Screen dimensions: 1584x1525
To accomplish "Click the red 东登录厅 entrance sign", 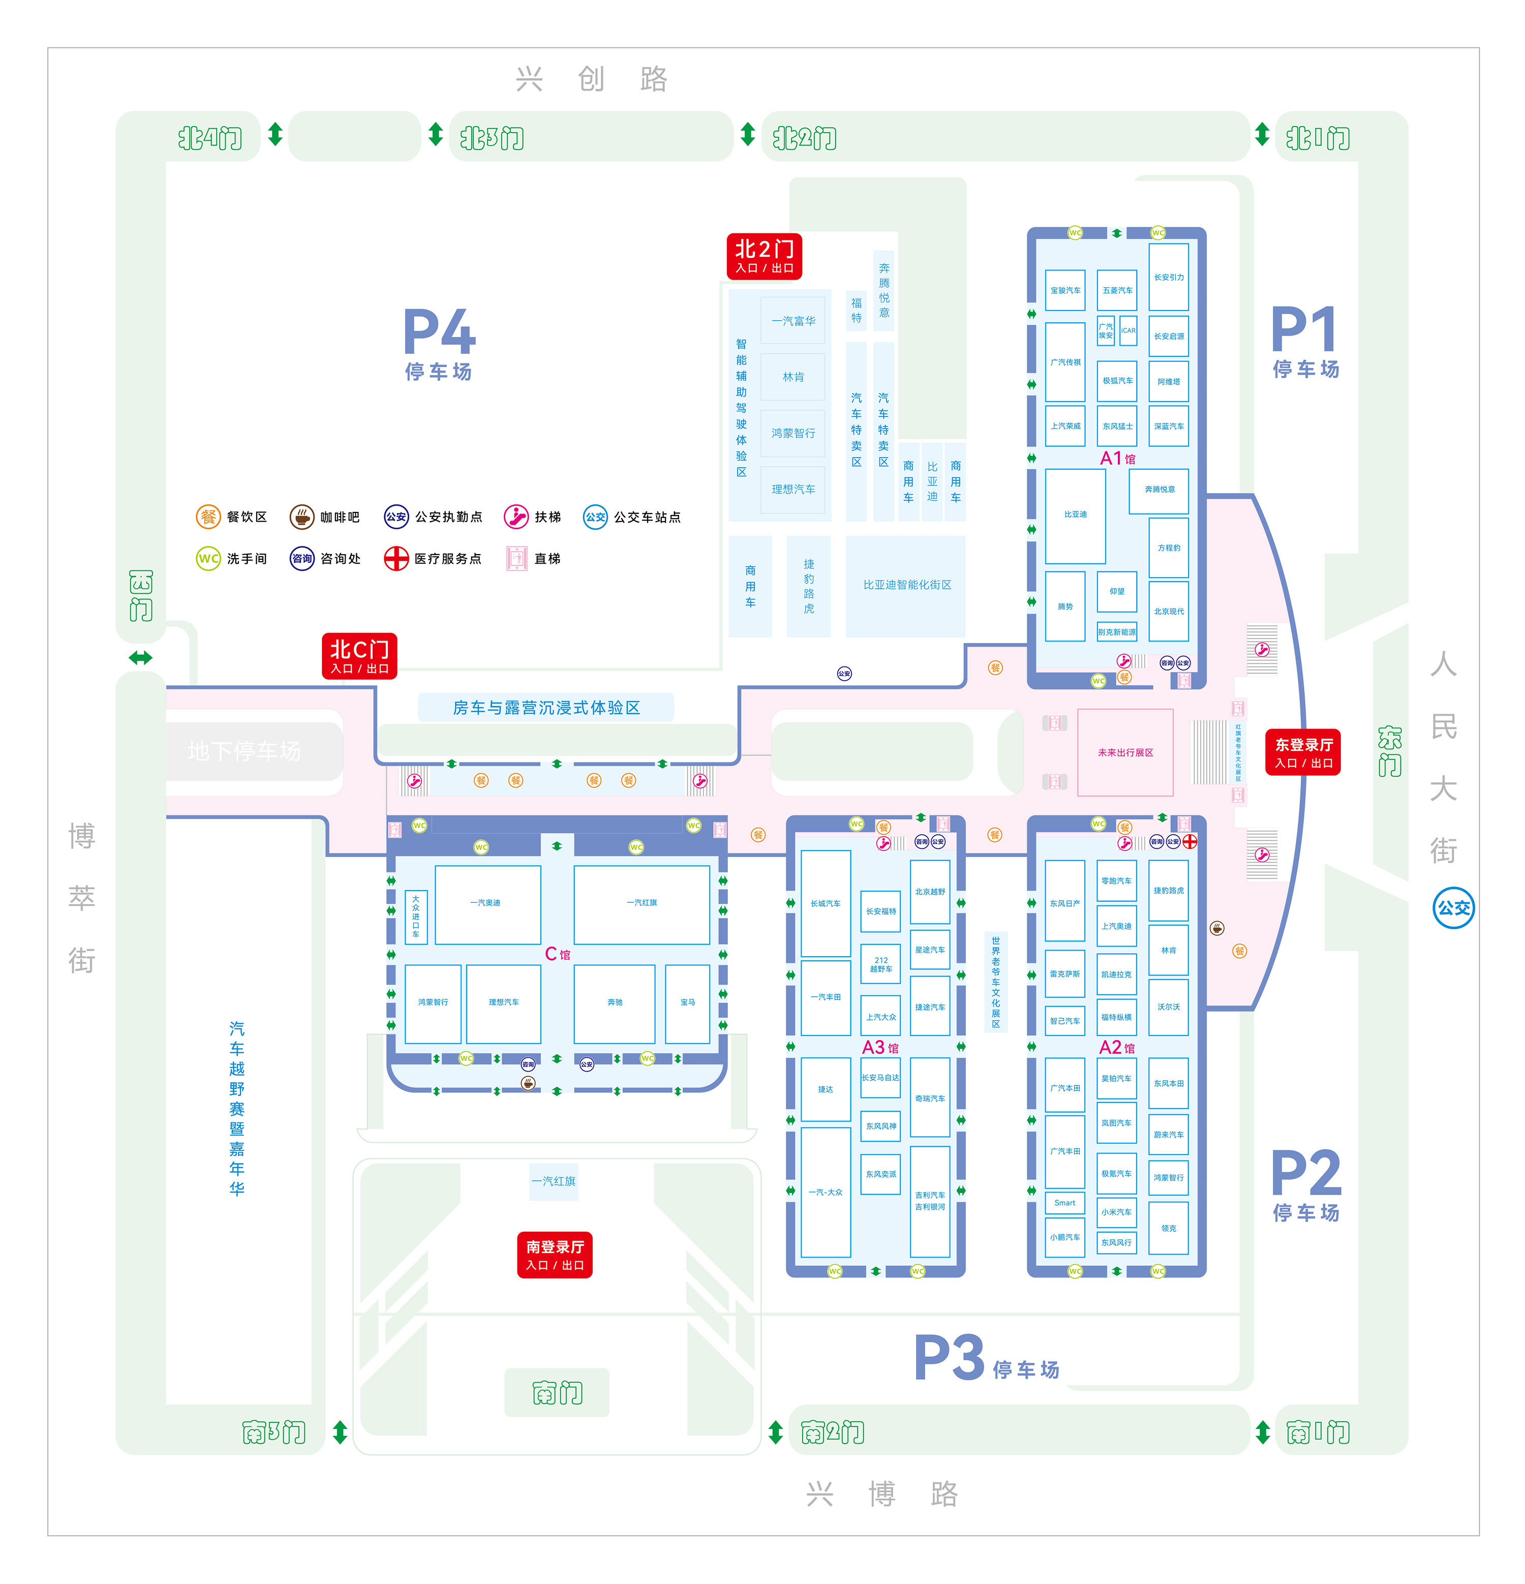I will tap(1302, 752).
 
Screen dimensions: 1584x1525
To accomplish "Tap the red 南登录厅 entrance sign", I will tap(555, 1254).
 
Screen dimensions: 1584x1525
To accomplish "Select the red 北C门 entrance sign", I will tap(359, 655).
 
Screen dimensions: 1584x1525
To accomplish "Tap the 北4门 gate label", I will tap(209, 138).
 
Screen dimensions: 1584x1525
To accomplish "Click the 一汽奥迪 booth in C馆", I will tap(486, 903).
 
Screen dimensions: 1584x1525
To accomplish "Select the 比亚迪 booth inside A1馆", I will tap(1075, 515).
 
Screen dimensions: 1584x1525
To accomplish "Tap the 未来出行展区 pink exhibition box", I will tap(1125, 752).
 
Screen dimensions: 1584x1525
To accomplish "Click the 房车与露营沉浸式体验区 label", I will tap(546, 708).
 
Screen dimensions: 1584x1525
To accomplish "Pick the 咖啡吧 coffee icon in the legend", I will tap(301, 516).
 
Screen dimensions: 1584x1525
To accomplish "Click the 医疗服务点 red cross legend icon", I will tap(396, 559).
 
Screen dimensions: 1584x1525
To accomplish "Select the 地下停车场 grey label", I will tap(244, 751).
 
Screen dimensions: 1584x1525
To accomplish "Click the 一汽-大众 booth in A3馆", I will tap(825, 1192).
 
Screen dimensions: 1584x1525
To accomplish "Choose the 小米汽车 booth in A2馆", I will tap(1116, 1212).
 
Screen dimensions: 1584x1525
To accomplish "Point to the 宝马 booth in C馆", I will tap(687, 1002).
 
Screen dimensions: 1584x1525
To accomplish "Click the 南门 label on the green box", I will tap(557, 1392).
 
